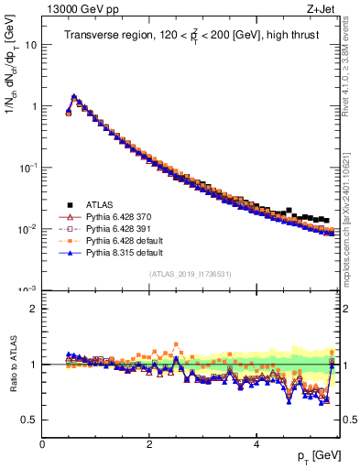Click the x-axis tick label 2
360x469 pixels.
click(x=149, y=443)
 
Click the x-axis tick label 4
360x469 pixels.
click(x=256, y=443)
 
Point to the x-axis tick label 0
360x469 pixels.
click(x=42, y=443)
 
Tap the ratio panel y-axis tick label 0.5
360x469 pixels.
click(x=29, y=420)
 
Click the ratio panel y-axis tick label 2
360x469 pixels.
click(x=33, y=309)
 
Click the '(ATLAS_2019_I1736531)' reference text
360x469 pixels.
click(x=190, y=274)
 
